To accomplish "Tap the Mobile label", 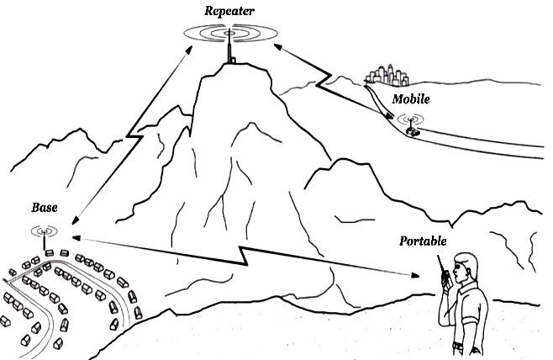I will pos(411,98).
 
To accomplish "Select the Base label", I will pos(44,207).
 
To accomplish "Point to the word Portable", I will pos(423,242).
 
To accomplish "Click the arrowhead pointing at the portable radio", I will pos(417,275).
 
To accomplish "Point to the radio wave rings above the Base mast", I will pos(44,229).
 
